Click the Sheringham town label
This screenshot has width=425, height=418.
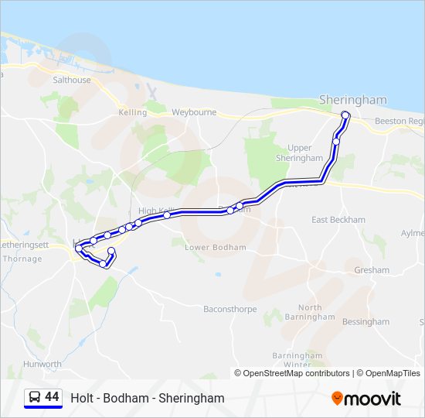point(353,100)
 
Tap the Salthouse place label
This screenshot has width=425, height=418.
point(72,80)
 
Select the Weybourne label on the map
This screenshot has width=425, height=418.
point(194,112)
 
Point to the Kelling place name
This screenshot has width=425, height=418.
point(133,112)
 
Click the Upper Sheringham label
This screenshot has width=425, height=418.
point(299,152)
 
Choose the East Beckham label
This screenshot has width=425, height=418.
point(338,220)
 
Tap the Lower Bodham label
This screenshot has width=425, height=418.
point(216,248)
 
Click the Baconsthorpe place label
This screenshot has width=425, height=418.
point(229,309)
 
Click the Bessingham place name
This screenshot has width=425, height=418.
point(366,321)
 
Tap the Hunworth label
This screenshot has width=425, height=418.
point(42,364)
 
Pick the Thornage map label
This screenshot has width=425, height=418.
point(22,259)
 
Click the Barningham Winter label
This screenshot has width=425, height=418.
point(297,359)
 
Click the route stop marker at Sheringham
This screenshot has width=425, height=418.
point(345,116)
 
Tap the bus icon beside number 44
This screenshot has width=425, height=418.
point(35,397)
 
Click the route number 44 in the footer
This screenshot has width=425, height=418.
point(53,397)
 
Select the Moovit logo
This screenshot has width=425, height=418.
point(366,398)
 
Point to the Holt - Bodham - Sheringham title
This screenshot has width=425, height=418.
point(148,398)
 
